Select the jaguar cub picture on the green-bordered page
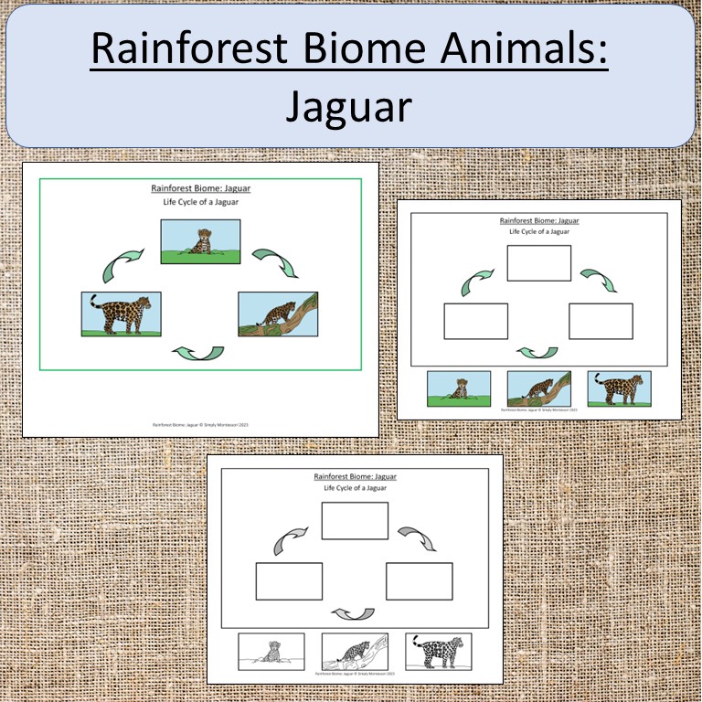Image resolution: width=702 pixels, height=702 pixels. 200,241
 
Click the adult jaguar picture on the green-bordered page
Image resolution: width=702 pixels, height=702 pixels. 121,314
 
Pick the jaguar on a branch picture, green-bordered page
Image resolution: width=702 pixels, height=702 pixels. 277,314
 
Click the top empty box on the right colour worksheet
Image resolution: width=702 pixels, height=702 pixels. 539,263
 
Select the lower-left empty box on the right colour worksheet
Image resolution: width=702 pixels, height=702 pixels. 475,321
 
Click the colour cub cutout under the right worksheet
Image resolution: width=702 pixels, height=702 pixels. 459,388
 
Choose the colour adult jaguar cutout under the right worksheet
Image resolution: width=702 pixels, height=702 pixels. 619,388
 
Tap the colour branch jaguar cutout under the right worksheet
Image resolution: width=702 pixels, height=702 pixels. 539,388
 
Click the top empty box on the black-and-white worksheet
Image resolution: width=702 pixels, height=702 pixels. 355,520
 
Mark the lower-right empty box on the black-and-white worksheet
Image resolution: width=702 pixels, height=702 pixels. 420,581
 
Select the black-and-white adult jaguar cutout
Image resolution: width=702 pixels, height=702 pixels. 438,652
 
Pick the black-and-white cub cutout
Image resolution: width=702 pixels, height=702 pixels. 271,652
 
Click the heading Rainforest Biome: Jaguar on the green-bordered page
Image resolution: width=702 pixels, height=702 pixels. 200,189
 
